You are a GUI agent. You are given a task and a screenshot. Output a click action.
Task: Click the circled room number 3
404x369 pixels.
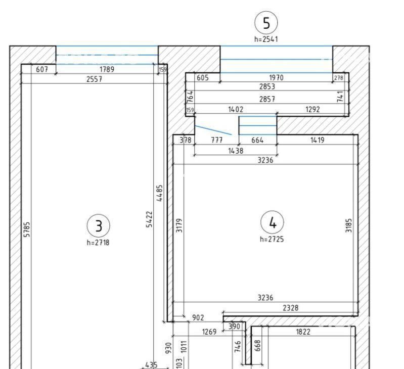[x=99, y=226]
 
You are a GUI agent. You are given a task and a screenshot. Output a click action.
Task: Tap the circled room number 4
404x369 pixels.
[x=272, y=222]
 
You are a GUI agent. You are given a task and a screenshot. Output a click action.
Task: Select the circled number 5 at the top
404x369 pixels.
[x=266, y=23]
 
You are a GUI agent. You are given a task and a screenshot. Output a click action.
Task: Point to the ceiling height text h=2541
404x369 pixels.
[x=266, y=39]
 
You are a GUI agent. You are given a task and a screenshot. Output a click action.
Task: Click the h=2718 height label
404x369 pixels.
[x=98, y=243]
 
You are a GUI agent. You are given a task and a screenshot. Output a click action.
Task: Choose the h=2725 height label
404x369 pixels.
[x=272, y=239]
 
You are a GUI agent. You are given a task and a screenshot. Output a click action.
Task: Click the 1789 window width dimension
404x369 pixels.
[x=107, y=69]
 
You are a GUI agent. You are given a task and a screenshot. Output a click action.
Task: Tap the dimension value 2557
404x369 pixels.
[x=95, y=79]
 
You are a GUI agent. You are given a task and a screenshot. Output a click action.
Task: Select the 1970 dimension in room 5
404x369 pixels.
[x=276, y=77]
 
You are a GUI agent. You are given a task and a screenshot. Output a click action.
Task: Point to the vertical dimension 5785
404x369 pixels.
[x=27, y=229]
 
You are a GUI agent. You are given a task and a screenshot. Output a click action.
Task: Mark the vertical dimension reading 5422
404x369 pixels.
[x=149, y=219]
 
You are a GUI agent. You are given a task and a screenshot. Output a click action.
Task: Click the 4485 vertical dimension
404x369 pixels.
[x=159, y=193]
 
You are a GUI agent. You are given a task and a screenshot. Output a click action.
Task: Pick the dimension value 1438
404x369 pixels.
[x=236, y=151]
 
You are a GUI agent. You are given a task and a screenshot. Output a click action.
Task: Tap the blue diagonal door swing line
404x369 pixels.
[x=213, y=130]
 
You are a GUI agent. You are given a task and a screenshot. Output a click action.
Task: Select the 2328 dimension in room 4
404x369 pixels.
[x=291, y=308]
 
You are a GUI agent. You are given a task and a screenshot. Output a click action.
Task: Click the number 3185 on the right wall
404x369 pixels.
[x=348, y=225]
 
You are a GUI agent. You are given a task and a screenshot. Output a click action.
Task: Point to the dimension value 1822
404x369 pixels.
[x=303, y=332]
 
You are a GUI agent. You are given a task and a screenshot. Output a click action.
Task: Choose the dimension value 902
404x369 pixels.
[x=198, y=318]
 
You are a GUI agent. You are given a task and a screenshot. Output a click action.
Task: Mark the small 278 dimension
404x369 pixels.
[x=339, y=77]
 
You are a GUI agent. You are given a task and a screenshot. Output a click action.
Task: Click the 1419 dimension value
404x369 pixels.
[x=318, y=140]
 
